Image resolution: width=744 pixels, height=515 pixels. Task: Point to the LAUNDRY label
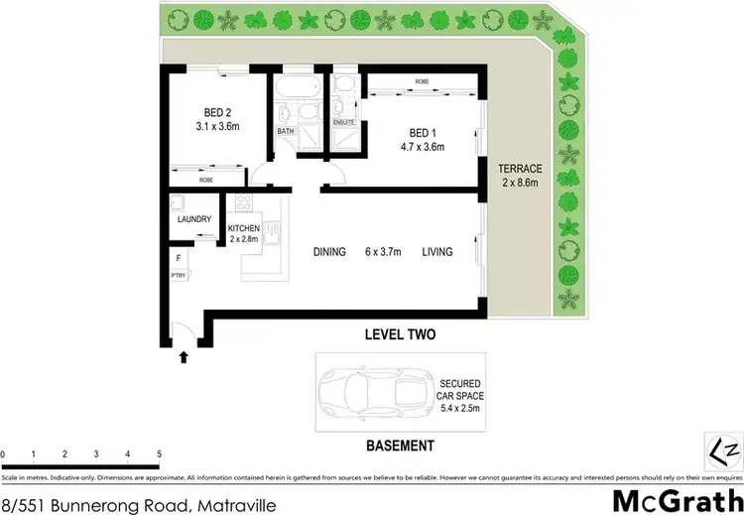[x=194, y=219]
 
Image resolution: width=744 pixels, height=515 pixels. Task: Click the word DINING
[x=328, y=252]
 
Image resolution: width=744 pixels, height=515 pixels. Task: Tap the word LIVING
[x=436, y=252]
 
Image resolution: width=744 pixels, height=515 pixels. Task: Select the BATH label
[x=285, y=131]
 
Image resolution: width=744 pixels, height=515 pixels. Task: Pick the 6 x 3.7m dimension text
[x=382, y=252]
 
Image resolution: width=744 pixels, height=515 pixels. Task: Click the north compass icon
[x=720, y=450]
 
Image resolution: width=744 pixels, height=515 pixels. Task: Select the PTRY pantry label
[x=179, y=276]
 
